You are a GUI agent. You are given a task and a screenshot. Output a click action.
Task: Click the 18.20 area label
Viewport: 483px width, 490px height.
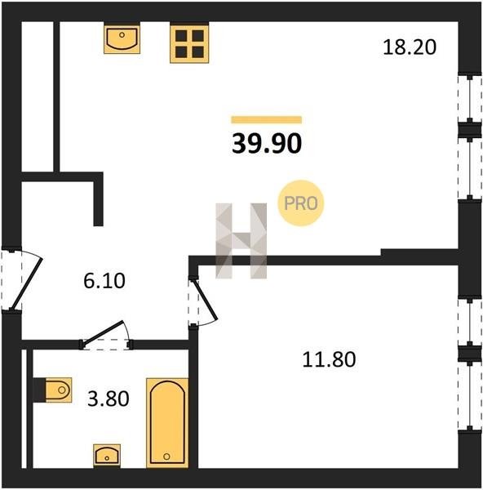point(410,47)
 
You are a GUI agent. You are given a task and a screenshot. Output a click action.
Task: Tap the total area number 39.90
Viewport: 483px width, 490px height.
point(267,144)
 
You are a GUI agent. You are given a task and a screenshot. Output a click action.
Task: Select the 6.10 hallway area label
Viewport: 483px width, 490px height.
point(104,280)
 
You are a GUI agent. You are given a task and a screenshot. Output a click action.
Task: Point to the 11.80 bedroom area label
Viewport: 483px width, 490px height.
point(329,359)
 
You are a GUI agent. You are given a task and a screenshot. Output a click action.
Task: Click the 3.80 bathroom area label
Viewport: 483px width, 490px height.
point(108,399)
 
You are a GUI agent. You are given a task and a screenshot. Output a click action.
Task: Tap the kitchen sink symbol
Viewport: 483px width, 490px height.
point(122,38)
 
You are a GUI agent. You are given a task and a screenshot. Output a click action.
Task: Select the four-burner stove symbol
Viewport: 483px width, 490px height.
point(189,42)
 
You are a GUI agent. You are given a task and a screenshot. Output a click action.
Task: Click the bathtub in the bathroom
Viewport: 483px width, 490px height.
point(167,423)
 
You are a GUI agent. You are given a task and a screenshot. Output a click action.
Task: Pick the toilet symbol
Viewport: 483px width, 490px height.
point(59,390)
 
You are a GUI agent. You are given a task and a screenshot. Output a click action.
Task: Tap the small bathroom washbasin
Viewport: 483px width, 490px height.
point(107,456)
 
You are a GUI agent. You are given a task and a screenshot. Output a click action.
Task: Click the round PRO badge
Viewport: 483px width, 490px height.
point(301,203)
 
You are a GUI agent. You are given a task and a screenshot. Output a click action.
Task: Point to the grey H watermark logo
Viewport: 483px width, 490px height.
point(241,241)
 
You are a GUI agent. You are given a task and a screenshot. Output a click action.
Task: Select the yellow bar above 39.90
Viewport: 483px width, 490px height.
point(267,120)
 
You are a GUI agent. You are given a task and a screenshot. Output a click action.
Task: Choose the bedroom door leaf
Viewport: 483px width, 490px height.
point(206,300)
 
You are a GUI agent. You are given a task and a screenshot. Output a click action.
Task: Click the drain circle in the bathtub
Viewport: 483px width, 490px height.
point(166,457)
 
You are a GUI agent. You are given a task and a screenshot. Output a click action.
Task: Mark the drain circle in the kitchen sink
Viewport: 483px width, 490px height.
point(122,35)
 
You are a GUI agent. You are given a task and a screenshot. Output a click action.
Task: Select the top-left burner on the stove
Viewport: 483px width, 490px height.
point(181,36)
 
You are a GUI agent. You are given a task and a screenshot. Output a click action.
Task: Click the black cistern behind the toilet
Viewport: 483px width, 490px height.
point(39,390)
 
